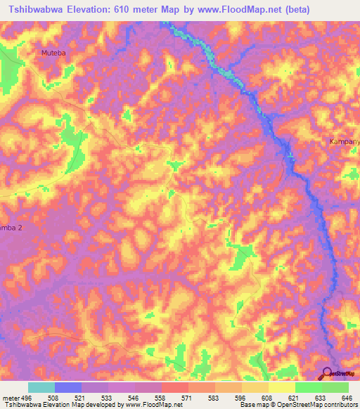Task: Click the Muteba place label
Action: pos(54,52)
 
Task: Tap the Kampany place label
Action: pos(345,142)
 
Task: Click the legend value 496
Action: pos(27,397)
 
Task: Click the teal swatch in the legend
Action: pos(41,387)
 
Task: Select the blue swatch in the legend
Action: pos(68,387)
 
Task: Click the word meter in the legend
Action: pos(10,397)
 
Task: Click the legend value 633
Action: pos(321,397)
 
